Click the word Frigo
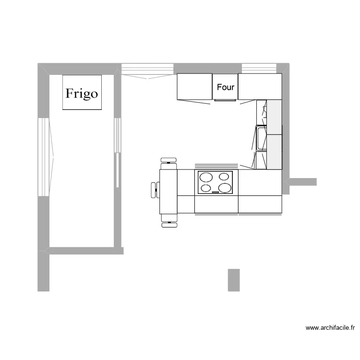[x=82, y=93]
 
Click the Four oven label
[x=225, y=87]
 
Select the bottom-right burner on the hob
[x=224, y=188]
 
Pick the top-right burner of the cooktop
[x=223, y=177]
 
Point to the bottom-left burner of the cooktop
[x=206, y=188]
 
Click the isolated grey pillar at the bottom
[x=233, y=280]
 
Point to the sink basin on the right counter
[x=261, y=138]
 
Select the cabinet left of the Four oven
[x=194, y=86]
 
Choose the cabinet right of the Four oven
[x=260, y=86]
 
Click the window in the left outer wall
[x=43, y=156]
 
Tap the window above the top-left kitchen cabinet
[x=147, y=70]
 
